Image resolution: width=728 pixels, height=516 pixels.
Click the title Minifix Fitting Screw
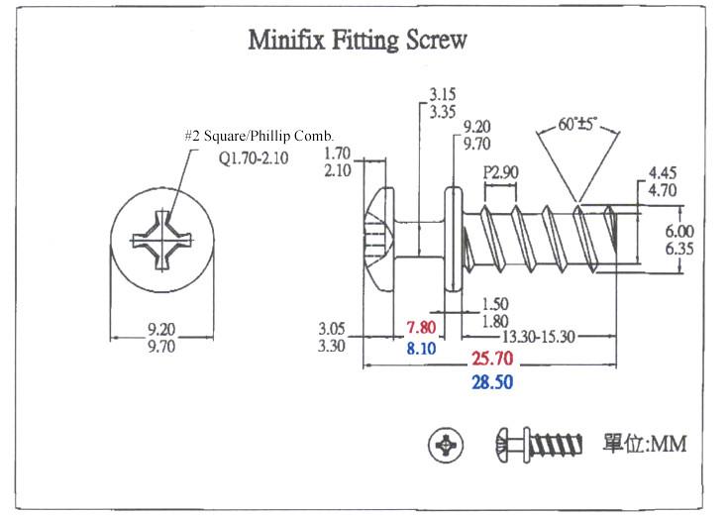[x=358, y=42]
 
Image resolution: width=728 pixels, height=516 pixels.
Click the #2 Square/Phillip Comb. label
[x=260, y=135]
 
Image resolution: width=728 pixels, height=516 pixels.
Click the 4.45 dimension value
[x=663, y=174]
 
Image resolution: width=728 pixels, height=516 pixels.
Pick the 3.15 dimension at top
[x=443, y=95]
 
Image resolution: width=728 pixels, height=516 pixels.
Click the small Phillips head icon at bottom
[x=447, y=446]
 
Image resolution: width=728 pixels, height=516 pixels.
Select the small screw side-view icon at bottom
[x=540, y=445]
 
